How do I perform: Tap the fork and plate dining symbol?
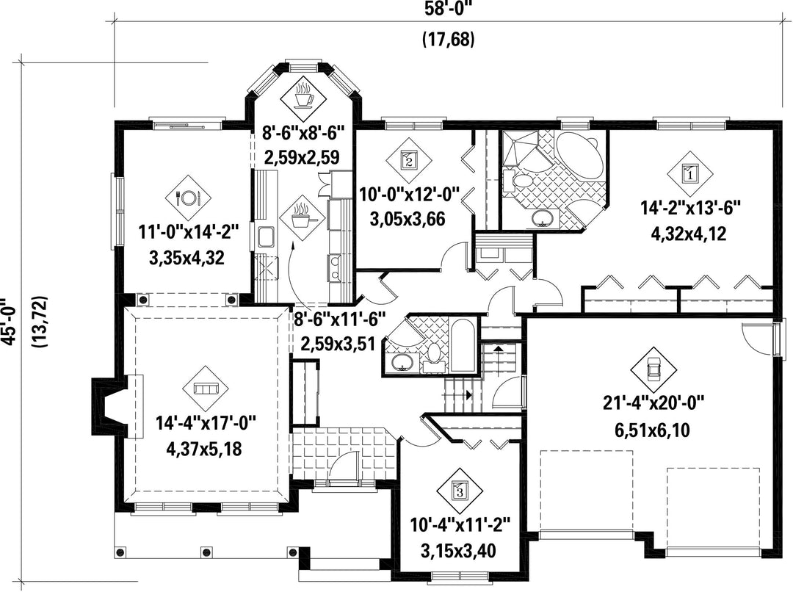click(x=188, y=198)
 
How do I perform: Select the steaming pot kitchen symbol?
click(x=302, y=217)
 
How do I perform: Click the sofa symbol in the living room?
click(x=206, y=389)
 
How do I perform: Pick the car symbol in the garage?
click(x=653, y=370)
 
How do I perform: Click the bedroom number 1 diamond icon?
click(x=689, y=173)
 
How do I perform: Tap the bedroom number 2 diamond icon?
click(x=409, y=160)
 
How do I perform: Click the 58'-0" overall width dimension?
click(x=448, y=9)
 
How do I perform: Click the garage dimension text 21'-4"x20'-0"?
click(x=653, y=403)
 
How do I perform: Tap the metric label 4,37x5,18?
click(x=204, y=448)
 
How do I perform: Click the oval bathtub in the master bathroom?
click(x=580, y=156)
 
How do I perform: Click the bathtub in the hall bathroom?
click(x=463, y=347)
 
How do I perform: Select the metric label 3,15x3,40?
click(x=459, y=550)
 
